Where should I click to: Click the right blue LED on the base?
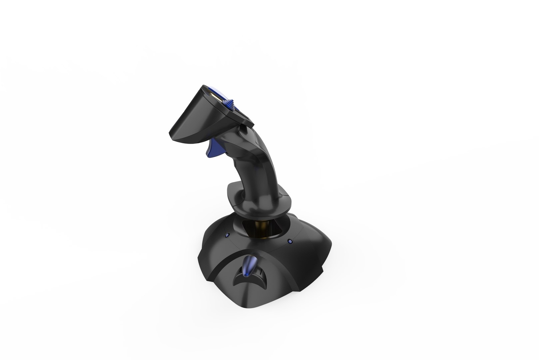click(289, 240)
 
